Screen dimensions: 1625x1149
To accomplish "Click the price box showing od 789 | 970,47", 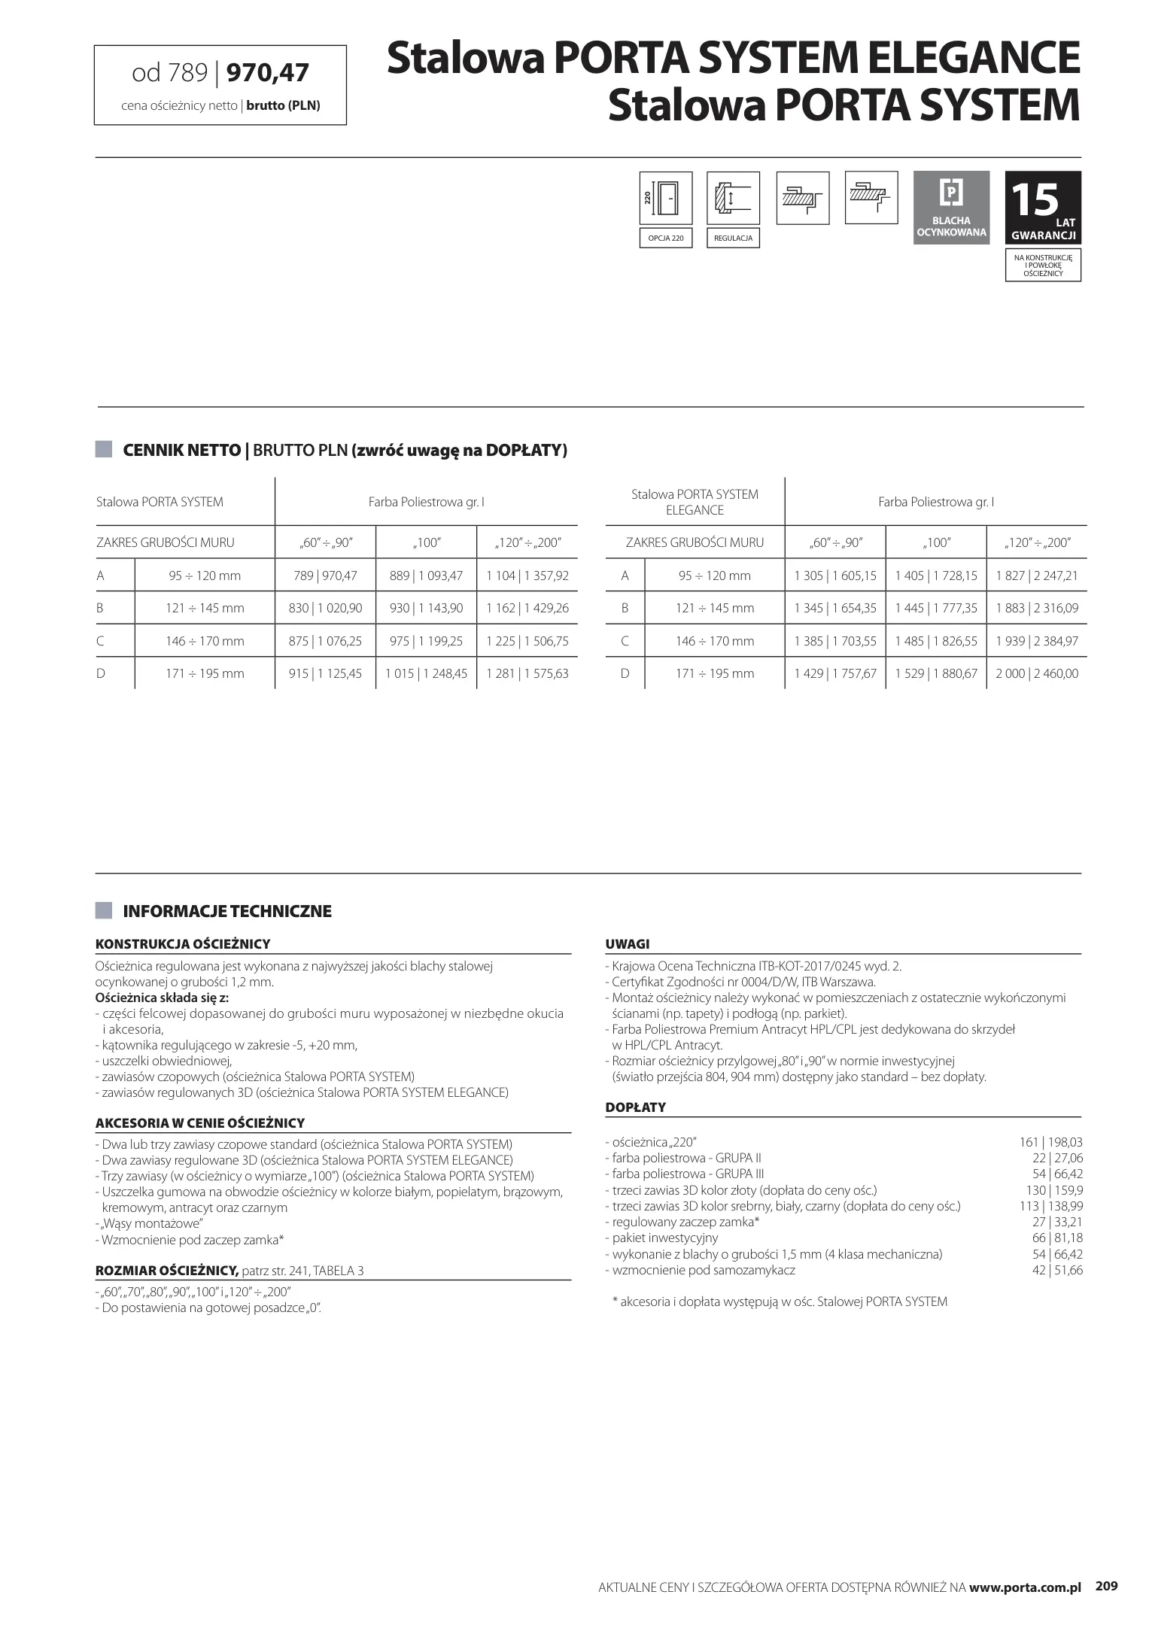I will pyautogui.click(x=220, y=84).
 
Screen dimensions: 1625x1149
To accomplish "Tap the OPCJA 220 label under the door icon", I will pyautogui.click(x=666, y=238).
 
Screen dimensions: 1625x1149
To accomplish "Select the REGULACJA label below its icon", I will pyautogui.click(x=733, y=238).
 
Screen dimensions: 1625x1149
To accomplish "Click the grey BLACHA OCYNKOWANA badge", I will pyautogui.click(x=951, y=207).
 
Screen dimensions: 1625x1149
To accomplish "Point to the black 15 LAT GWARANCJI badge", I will pyautogui.click(x=1043, y=207).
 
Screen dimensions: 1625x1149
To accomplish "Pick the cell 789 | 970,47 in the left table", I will pyautogui.click(x=325, y=576).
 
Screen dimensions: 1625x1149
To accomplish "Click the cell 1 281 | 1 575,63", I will pyautogui.click(x=527, y=674).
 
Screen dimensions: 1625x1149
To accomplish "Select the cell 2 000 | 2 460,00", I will pyautogui.click(x=1036, y=674).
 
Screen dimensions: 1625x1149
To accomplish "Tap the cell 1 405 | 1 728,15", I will pyautogui.click(x=935, y=576).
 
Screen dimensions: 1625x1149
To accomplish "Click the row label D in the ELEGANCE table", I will pyautogui.click(x=625, y=674).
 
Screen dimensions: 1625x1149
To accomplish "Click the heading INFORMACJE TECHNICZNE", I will pyautogui.click(x=226, y=912).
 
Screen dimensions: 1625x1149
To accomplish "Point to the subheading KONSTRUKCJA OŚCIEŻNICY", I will pyautogui.click(x=183, y=944).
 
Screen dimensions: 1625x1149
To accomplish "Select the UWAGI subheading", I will pyautogui.click(x=627, y=944).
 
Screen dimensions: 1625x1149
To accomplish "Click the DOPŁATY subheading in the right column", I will pyautogui.click(x=635, y=1107).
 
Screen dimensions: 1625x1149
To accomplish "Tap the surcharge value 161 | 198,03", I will pyautogui.click(x=1050, y=1142).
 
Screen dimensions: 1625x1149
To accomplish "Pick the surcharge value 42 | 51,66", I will pyautogui.click(x=1057, y=1270).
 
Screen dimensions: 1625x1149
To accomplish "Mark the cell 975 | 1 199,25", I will pyautogui.click(x=426, y=642).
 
